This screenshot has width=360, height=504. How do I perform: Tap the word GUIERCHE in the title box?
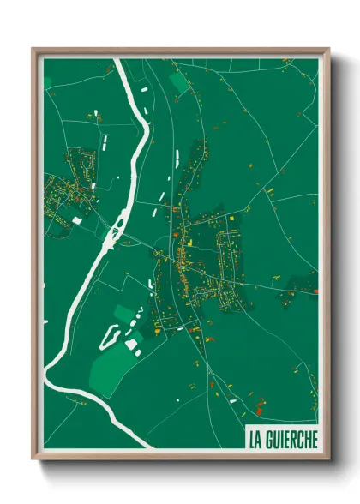[291, 440]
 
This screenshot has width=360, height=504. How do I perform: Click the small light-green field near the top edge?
[179, 83]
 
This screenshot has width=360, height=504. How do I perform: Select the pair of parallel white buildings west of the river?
[106, 141]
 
